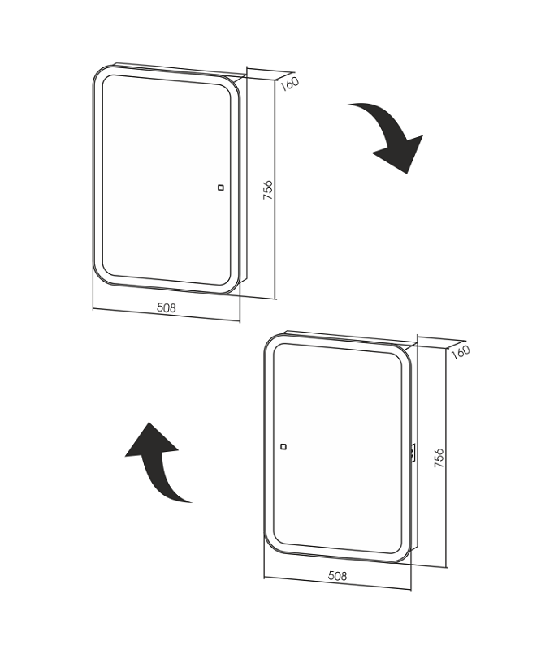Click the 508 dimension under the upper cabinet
tap(167, 307)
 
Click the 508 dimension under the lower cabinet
tap(337, 576)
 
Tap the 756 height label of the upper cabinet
tap(268, 190)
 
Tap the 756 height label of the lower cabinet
tap(439, 458)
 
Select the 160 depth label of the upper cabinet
tap(289, 84)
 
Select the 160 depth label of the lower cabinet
tap(460, 352)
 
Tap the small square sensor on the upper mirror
tap(221, 187)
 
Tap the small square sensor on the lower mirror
tap(283, 447)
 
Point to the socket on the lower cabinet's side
tap(413, 453)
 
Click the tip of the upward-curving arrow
tap(149, 423)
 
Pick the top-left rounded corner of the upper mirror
tap(97, 72)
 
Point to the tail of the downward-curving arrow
tap(349, 105)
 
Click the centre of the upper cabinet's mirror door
tap(167, 179)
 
